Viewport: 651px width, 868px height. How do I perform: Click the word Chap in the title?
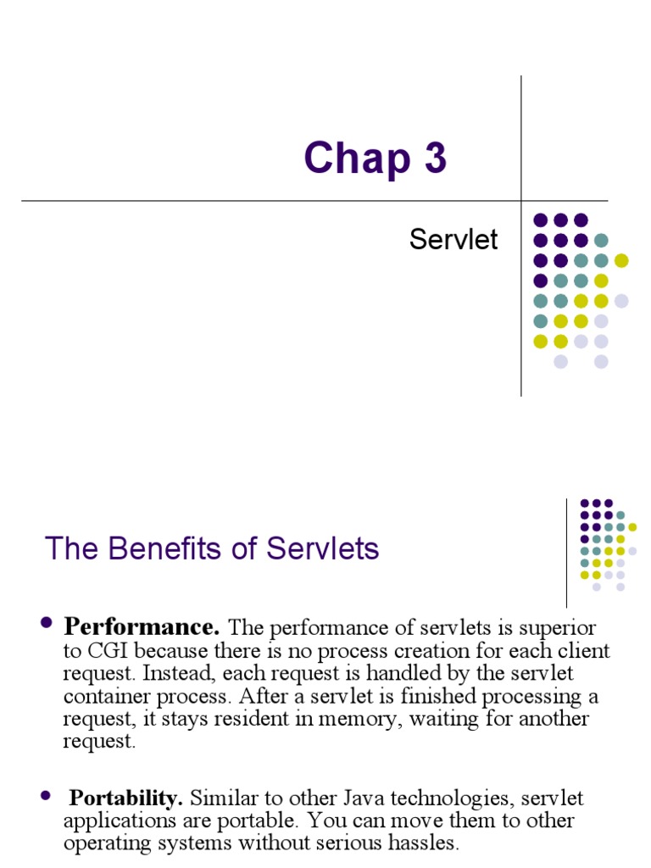347,159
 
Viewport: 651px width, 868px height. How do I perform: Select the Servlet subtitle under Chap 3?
453,240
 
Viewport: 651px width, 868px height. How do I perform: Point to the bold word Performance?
142,628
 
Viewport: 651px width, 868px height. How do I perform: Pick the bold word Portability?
125,798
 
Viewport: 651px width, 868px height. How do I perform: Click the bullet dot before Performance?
47,626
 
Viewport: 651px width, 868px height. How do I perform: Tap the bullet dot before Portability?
47,796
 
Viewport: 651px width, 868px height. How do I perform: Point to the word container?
105,697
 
